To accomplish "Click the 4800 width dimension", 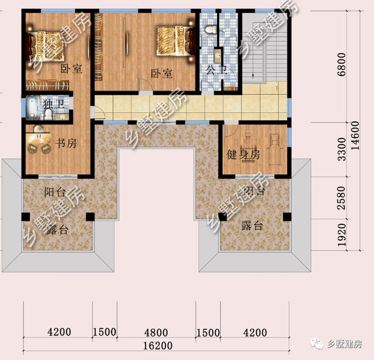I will (156, 333).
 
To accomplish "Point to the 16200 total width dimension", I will (155, 346).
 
